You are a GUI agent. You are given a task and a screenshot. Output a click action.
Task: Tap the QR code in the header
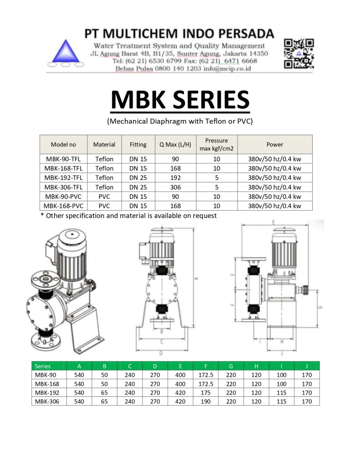coord(299,53)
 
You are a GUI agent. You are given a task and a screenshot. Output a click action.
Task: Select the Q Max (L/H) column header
coord(176,145)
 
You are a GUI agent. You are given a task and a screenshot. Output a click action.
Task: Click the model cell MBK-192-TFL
coord(63,178)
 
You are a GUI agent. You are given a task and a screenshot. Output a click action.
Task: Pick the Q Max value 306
coord(176,187)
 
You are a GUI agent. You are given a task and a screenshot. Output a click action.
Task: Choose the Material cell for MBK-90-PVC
coord(104,197)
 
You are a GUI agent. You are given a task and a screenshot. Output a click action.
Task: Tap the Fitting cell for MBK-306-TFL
coord(138,187)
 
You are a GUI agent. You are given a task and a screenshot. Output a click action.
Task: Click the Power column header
coord(274,145)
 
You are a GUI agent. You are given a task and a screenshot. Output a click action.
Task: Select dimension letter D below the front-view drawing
coord(161,353)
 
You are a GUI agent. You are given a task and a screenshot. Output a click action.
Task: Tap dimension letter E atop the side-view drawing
coord(273,223)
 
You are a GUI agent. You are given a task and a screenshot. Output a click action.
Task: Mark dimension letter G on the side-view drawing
coord(319,308)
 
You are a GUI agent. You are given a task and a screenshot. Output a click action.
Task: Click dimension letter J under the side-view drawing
coord(282,353)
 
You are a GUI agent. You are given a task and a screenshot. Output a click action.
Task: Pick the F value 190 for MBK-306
coord(206,401)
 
